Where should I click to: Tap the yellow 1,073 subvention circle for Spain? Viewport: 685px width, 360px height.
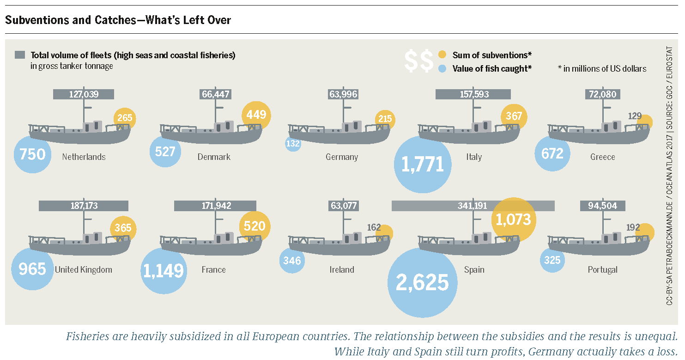pos(513,220)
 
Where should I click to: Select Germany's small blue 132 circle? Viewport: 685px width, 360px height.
pos(293,144)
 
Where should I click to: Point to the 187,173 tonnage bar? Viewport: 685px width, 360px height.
pos(84,206)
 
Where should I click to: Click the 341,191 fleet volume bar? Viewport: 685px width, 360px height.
pos(473,206)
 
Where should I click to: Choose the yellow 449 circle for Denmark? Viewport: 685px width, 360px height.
pos(256,115)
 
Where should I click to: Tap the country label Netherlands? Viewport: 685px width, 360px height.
pos(84,157)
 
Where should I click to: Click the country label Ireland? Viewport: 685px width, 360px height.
pos(341,269)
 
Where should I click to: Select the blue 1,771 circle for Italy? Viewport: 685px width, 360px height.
pos(423,165)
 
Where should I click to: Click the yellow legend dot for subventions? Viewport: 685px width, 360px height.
pos(442,55)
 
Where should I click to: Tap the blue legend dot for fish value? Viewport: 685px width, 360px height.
pos(442,68)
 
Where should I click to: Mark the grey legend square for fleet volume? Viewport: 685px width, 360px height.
pos(20,55)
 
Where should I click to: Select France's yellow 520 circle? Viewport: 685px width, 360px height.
pos(255,226)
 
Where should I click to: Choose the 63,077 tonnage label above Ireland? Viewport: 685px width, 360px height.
pos(344,206)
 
